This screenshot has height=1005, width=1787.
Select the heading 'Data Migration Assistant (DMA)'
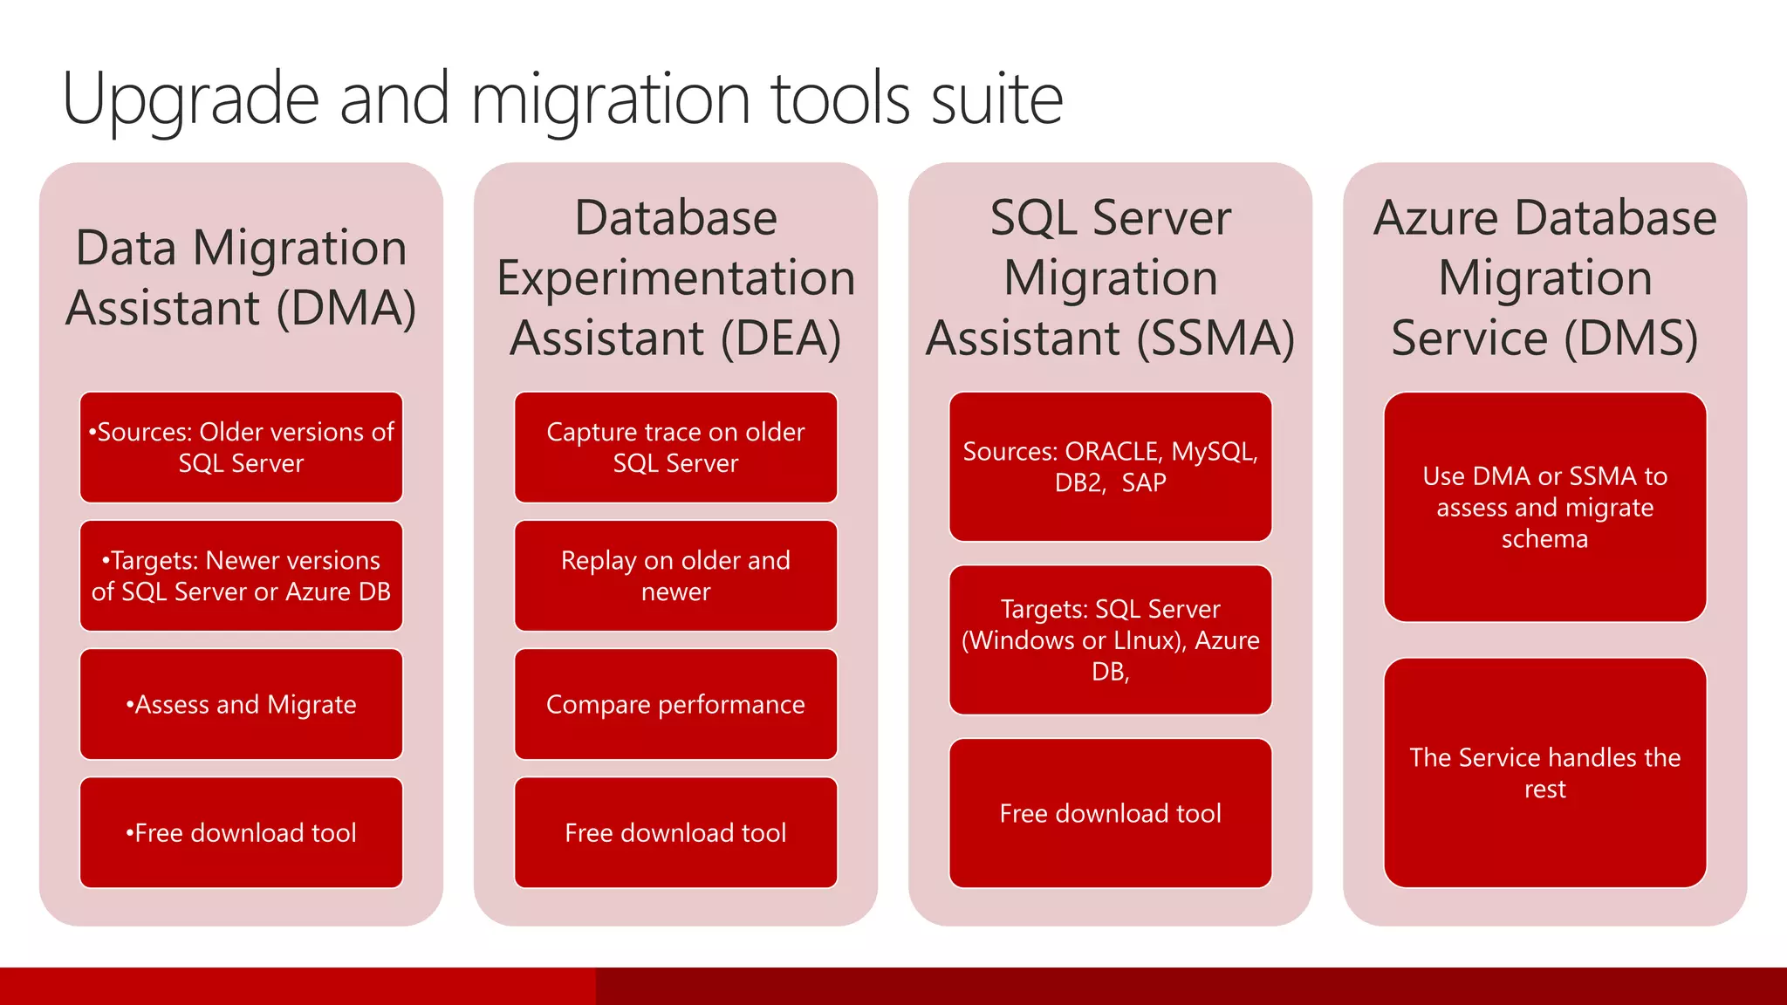241,277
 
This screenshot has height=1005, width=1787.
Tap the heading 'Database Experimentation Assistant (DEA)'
675,277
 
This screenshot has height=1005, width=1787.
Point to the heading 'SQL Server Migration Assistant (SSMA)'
1110,277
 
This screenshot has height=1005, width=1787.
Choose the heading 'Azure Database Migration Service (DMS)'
1544,277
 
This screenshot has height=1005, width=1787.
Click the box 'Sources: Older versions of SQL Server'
241,448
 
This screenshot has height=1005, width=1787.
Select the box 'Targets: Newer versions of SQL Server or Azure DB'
241,576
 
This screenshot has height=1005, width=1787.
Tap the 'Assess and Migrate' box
241,704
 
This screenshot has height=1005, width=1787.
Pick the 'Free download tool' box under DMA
241,832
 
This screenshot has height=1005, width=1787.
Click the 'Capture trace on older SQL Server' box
675,448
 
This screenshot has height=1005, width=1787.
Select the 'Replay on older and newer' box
675,576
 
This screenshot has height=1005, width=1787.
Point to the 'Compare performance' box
675,704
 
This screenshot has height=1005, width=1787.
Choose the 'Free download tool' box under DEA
675,832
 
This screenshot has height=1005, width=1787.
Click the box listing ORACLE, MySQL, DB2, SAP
1110,467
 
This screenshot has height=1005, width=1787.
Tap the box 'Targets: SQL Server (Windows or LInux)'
1110,639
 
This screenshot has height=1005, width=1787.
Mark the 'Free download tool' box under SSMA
1110,813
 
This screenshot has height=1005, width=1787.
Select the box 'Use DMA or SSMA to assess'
1544,507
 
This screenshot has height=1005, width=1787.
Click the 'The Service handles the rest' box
1544,773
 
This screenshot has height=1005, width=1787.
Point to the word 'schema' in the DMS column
1544,539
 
